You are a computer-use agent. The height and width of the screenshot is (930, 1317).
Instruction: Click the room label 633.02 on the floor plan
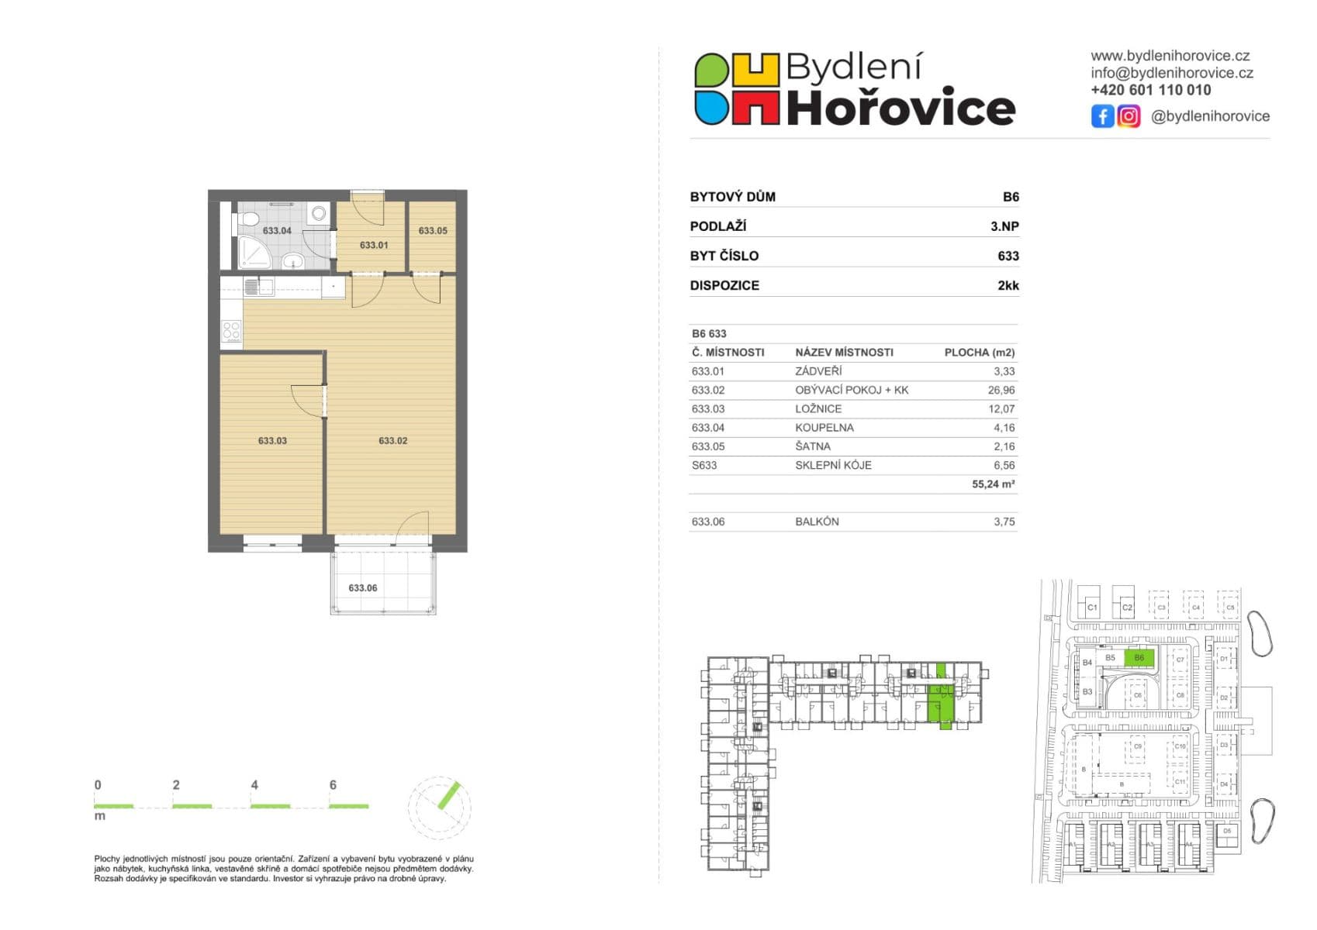tap(392, 441)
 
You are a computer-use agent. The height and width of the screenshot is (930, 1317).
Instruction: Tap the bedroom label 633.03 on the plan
tap(272, 441)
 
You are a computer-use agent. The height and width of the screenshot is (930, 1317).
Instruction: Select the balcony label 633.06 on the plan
tap(362, 588)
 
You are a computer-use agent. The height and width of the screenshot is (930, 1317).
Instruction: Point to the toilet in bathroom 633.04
tap(247, 220)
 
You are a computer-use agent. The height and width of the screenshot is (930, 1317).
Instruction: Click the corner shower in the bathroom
tap(251, 253)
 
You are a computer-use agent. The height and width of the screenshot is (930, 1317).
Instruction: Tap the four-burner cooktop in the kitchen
tap(232, 330)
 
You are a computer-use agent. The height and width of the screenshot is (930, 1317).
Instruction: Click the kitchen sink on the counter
tap(258, 288)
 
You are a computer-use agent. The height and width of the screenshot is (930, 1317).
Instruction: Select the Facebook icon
tap(1102, 116)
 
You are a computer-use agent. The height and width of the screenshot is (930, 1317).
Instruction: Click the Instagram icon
tap(1129, 116)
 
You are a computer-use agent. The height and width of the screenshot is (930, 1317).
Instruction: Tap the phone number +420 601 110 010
tap(1150, 90)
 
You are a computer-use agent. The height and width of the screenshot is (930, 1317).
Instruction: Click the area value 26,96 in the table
tap(1001, 391)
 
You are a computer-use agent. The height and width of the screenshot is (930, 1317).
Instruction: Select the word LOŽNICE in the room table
tap(818, 409)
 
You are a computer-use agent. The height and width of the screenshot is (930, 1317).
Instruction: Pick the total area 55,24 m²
tap(993, 484)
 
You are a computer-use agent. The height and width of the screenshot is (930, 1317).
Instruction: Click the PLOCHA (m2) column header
tap(979, 353)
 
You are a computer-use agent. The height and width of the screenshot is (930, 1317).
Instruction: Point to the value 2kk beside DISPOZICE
tap(1008, 286)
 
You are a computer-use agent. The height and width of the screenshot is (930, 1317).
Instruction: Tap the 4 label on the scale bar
tap(254, 785)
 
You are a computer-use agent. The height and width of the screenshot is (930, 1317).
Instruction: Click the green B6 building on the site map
tap(1139, 658)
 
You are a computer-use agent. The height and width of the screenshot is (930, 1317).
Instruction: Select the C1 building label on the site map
tap(1092, 608)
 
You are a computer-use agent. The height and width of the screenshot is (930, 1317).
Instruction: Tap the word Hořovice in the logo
tap(900, 108)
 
